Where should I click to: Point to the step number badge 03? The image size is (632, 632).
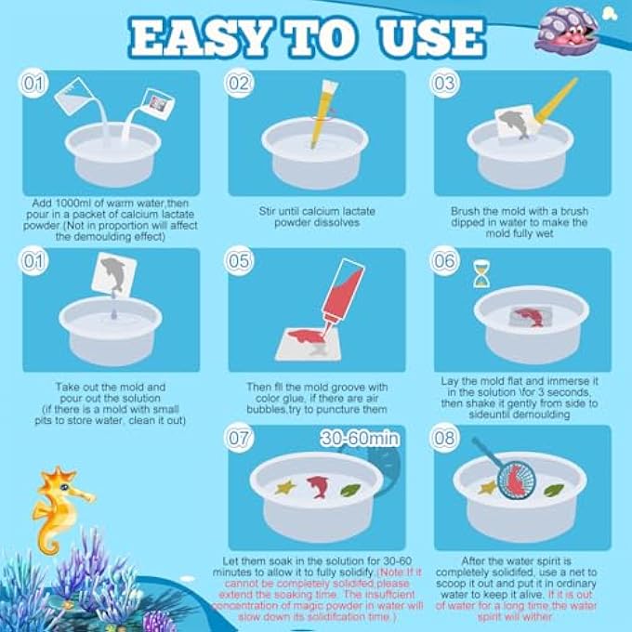[x=445, y=85]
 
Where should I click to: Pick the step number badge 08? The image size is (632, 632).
[x=445, y=438]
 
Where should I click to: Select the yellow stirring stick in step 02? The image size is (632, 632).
[x=322, y=112]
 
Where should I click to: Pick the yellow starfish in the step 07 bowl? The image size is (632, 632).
[x=283, y=485]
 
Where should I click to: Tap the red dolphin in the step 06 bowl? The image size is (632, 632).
[x=527, y=313]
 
